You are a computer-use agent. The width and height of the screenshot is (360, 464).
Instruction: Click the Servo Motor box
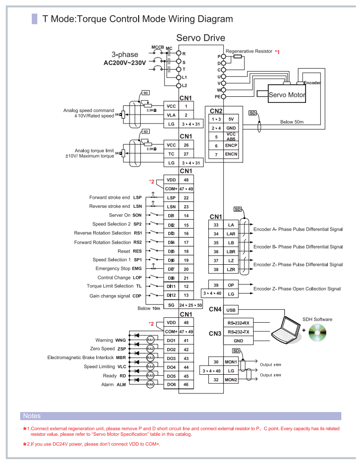pyautogui.click(x=287, y=94)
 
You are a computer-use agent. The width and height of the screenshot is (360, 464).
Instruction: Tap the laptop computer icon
pyautogui.click(x=285, y=330)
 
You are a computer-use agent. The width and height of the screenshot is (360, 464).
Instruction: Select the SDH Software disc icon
pyautogui.click(x=317, y=332)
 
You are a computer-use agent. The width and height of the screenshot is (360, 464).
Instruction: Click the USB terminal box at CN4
pyautogui.click(x=231, y=310)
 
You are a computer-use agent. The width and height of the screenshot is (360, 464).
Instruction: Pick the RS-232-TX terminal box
pyautogui.click(x=238, y=332)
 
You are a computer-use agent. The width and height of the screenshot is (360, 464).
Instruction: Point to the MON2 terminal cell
pyautogui.click(x=231, y=379)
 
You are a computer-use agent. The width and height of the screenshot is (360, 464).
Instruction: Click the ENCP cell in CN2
pyautogui.click(x=231, y=145)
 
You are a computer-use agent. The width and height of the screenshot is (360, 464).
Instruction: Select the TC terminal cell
pyautogui.click(x=171, y=154)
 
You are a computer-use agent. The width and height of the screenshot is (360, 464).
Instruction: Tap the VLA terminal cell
pyautogui.click(x=171, y=115)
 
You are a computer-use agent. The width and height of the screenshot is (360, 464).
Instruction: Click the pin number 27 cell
pyautogui.click(x=186, y=154)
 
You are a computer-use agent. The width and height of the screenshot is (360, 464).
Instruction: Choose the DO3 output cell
pyautogui.click(x=171, y=359)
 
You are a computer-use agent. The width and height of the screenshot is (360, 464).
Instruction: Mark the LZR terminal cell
pyautogui.click(x=231, y=269)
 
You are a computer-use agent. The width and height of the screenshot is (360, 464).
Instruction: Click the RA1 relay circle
pyautogui.click(x=150, y=340)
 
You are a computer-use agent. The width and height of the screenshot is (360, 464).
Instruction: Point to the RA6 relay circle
pyautogui.click(x=150, y=384)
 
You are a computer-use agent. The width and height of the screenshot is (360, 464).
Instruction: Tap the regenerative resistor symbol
pyautogui.click(x=238, y=56)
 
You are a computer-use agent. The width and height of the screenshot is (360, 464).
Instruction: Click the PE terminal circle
pyautogui.click(x=224, y=96)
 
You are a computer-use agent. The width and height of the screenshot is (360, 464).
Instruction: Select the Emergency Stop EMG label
pyautogui.click(x=118, y=268)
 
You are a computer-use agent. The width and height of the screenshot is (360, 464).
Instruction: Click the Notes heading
pyautogui.click(x=32, y=416)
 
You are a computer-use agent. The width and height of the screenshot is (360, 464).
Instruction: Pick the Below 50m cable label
pyautogui.click(x=292, y=122)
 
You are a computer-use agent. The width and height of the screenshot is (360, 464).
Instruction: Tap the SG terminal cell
pyautogui.click(x=171, y=305)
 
